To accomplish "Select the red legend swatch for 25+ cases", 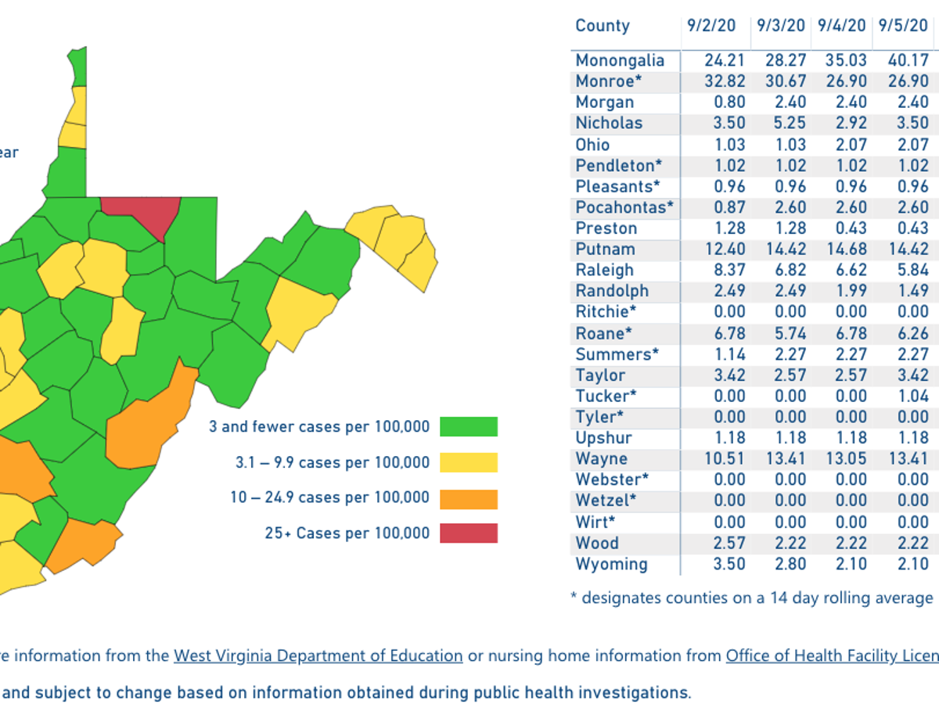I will point(468,533).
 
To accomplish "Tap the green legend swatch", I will point(468,426).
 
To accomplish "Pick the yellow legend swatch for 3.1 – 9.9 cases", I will point(468,462).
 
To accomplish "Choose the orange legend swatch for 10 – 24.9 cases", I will point(468,498).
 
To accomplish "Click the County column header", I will point(602,26).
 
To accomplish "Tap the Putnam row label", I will point(605,250).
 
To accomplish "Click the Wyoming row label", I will point(611,564).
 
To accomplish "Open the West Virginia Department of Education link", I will point(318,656).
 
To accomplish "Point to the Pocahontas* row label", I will point(624,207).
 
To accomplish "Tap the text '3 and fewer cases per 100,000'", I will point(319,427).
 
